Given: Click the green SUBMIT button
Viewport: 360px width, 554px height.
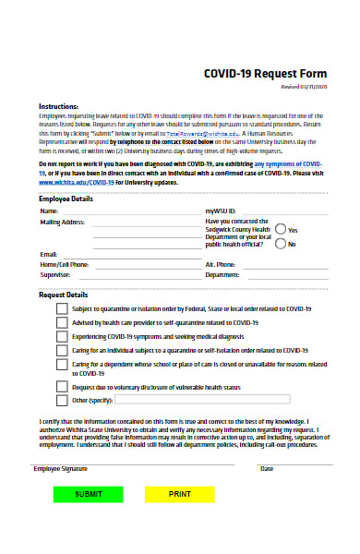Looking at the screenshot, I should click(89, 520).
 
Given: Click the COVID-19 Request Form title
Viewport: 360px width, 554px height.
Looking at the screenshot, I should click(265, 76).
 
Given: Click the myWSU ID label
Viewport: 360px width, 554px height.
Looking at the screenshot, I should click(221, 211).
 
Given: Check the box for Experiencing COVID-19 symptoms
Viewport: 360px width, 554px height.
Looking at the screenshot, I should click(62, 337).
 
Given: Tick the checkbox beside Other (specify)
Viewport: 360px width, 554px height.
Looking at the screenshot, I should click(62, 401).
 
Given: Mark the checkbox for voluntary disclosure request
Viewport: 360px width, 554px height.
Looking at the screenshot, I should click(62, 388).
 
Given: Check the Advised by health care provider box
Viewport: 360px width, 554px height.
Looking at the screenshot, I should click(62, 323).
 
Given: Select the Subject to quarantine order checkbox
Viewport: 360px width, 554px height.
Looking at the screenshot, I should click(62, 309).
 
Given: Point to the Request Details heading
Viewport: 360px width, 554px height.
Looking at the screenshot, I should click(63, 295).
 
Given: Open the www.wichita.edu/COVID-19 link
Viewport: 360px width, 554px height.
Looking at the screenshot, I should click(76, 182).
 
